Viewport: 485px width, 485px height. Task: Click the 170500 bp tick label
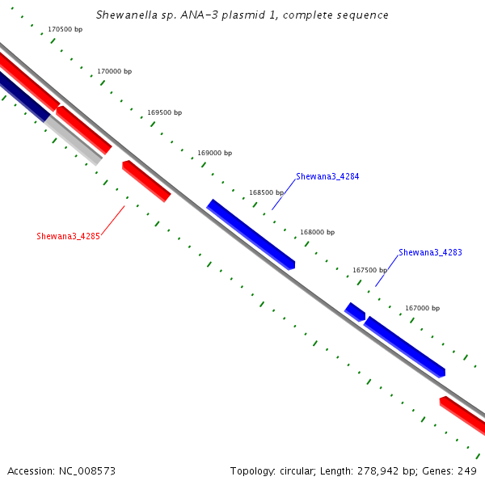click(65, 29)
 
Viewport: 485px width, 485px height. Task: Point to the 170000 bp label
click(115, 71)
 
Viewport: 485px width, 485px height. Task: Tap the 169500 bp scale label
click(165, 112)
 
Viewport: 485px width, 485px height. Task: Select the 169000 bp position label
click(215, 153)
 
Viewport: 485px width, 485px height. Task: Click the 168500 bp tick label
click(267, 192)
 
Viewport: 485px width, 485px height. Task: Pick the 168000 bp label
click(318, 232)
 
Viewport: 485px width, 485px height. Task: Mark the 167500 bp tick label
click(370, 270)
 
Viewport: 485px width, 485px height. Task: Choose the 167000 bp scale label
click(423, 309)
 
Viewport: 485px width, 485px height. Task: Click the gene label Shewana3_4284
click(327, 176)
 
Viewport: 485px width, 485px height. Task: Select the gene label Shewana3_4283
click(430, 253)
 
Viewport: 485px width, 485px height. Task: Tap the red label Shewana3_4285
click(69, 236)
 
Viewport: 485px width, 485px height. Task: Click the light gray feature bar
click(74, 141)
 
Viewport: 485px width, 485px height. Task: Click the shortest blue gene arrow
click(355, 312)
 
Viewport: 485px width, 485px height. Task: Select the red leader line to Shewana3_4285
click(113, 221)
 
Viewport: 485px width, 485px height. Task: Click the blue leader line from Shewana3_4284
click(284, 195)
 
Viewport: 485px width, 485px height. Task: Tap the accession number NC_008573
click(87, 471)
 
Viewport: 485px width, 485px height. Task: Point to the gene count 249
click(467, 471)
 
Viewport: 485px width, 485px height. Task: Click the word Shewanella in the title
click(127, 15)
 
